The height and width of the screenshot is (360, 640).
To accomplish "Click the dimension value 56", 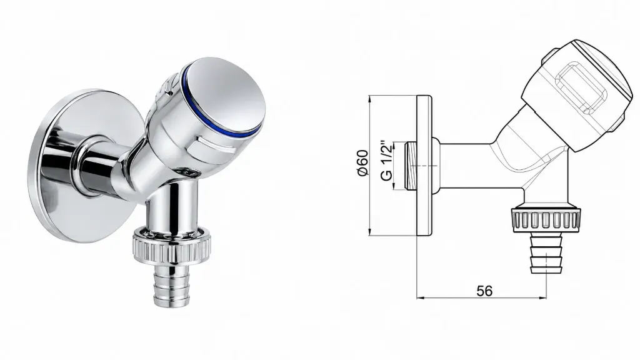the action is coord(484,291).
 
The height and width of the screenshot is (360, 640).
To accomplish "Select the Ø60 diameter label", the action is coord(363,163).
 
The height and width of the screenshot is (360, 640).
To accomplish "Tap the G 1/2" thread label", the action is coord(386,161).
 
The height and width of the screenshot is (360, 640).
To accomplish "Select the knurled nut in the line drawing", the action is coord(545,221).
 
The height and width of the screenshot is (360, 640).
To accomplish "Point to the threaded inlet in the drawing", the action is coord(411,166).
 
